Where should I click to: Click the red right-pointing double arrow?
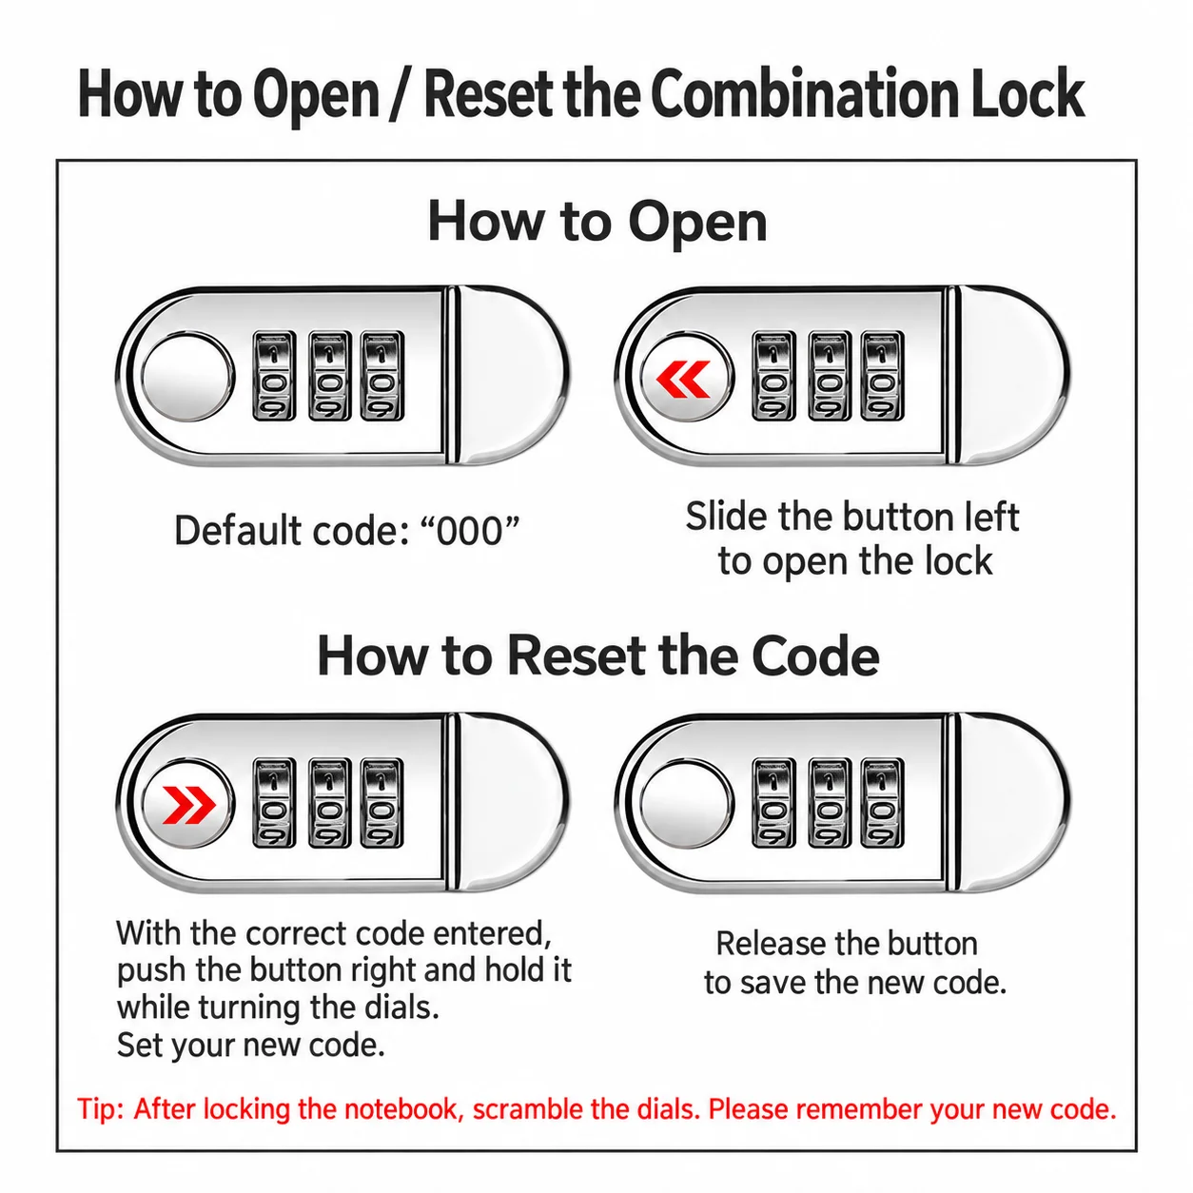tap(188, 805)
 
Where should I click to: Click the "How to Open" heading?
tap(596, 222)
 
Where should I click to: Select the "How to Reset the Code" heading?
tap(598, 656)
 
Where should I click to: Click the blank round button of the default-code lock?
tap(187, 377)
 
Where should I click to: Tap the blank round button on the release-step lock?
tap(687, 804)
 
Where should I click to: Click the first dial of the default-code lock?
tap(274, 376)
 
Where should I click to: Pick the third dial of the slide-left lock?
tap(882, 376)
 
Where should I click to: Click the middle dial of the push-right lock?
tap(329, 803)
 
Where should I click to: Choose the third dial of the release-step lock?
tap(882, 803)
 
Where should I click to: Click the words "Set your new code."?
tap(251, 1046)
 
